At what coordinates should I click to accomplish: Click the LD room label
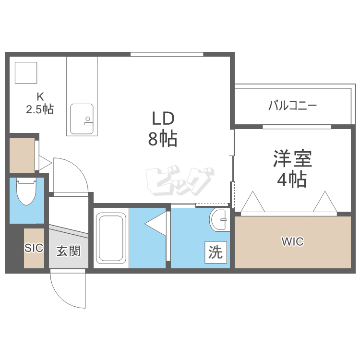tap(163, 119)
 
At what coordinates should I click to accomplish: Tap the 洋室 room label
tap(292, 158)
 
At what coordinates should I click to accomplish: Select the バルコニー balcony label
tap(292, 106)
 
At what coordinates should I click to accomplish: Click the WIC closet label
tap(292, 241)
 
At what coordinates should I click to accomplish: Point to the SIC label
tap(34, 248)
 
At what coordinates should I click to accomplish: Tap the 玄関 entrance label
tap(69, 251)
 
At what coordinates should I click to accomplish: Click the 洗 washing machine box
tap(216, 252)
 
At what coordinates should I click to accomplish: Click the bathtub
tap(111, 238)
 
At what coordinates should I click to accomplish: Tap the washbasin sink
tap(220, 220)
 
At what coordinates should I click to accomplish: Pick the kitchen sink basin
tap(82, 119)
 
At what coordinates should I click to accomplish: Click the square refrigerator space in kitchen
tap(26, 72)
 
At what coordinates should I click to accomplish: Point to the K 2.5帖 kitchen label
tap(40, 103)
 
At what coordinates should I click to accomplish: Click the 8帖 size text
tap(163, 138)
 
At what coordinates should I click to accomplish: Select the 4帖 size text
tap(292, 179)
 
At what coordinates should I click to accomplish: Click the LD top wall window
tap(167, 54)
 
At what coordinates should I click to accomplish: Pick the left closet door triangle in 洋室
tap(253, 201)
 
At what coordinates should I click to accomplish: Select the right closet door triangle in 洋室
tap(325, 201)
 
